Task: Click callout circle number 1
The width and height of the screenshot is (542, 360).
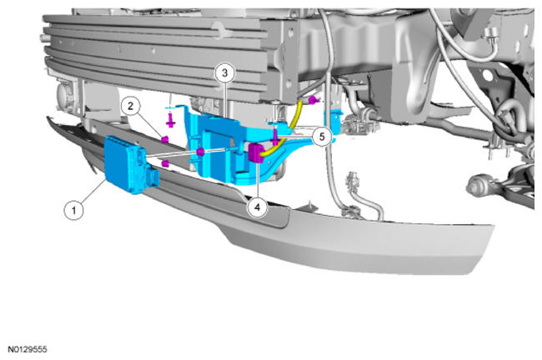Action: coord(73,210)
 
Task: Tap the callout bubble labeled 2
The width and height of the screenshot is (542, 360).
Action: coord(130,106)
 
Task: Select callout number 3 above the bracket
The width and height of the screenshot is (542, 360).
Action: coord(224,73)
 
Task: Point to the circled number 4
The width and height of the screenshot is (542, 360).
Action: coord(257,207)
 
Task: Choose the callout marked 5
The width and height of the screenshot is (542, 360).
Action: coord(322,137)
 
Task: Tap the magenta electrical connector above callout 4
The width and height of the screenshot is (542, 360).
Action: coord(256,153)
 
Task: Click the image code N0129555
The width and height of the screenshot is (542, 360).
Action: coord(28,350)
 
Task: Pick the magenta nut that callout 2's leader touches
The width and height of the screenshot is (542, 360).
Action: coord(165,139)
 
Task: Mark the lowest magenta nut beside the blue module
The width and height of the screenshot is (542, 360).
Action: coord(165,163)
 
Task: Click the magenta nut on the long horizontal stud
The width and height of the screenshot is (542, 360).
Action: coord(200,152)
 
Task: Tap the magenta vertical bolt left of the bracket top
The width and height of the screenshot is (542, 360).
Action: coord(170,120)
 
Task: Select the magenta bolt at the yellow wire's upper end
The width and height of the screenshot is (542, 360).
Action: coord(312,101)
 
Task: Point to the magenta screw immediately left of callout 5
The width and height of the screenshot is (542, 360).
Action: coord(275,137)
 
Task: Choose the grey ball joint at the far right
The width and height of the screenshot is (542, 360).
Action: coord(476,187)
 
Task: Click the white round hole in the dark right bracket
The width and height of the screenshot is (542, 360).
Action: coord(487,75)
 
